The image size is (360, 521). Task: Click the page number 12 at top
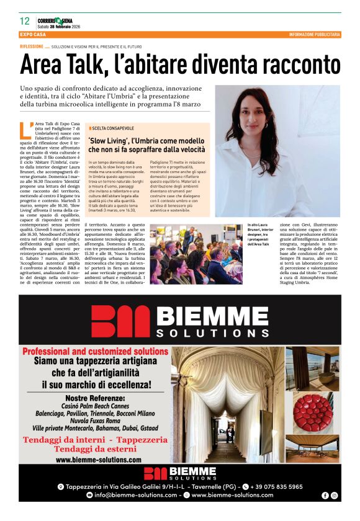[x=25, y=21]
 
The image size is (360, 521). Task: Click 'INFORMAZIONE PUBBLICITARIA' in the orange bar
[x=315, y=35]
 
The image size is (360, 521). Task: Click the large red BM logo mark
[x=116, y=322]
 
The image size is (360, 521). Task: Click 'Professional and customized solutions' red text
[x=95, y=351]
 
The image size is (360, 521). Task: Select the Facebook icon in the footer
[x=325, y=495]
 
